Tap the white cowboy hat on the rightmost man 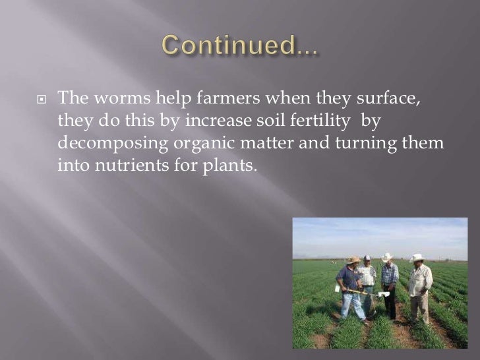[x=416, y=258]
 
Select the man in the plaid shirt [x=390, y=280]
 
